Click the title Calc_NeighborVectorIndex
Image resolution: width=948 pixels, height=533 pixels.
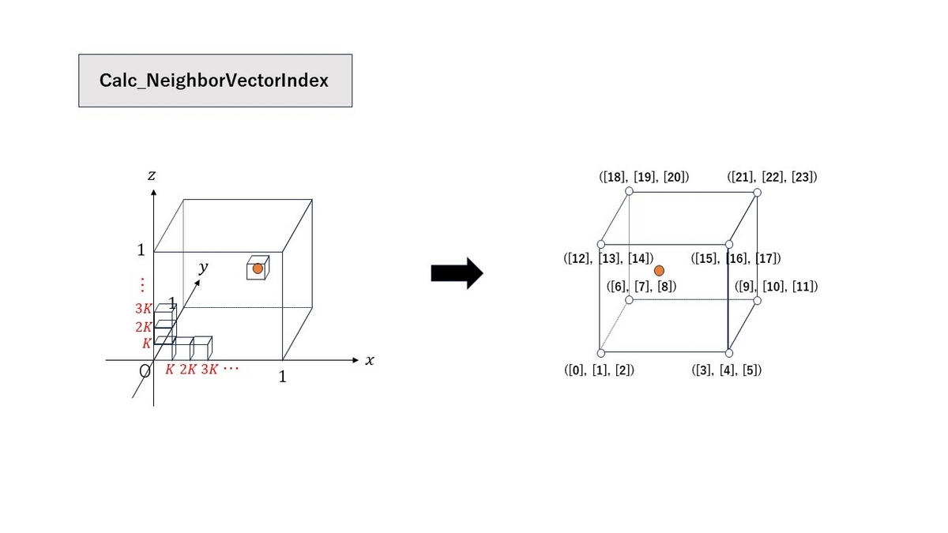click(x=214, y=81)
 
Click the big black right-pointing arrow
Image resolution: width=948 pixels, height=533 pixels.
click(x=457, y=273)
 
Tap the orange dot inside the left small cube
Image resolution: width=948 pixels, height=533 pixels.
click(x=258, y=268)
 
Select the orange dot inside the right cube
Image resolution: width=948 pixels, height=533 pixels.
click(x=659, y=271)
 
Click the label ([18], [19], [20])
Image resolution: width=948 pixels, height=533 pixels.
click(x=644, y=177)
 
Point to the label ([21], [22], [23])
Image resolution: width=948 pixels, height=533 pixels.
click(x=773, y=177)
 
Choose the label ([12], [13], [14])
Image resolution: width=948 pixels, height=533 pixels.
click(x=608, y=258)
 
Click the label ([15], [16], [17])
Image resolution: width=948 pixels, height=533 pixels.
click(x=736, y=258)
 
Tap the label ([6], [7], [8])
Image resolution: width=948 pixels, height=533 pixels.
click(x=641, y=287)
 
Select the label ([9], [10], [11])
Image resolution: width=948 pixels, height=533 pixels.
click(x=776, y=287)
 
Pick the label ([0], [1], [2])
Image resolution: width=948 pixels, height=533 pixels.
click(x=600, y=370)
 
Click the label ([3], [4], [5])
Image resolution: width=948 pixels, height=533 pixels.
click(x=727, y=370)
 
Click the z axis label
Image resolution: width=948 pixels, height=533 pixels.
click(x=152, y=175)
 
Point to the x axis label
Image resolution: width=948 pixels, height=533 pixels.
click(x=370, y=360)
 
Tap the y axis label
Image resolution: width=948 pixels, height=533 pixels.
click(x=204, y=268)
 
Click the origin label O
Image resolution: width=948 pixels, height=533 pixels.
click(x=145, y=371)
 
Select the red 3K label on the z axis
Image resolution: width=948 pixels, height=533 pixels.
click(x=143, y=309)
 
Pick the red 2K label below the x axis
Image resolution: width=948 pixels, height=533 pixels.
click(x=188, y=370)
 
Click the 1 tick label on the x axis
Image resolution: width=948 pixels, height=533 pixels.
click(x=282, y=377)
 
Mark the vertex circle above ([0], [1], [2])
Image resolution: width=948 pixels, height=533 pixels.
click(x=601, y=353)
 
